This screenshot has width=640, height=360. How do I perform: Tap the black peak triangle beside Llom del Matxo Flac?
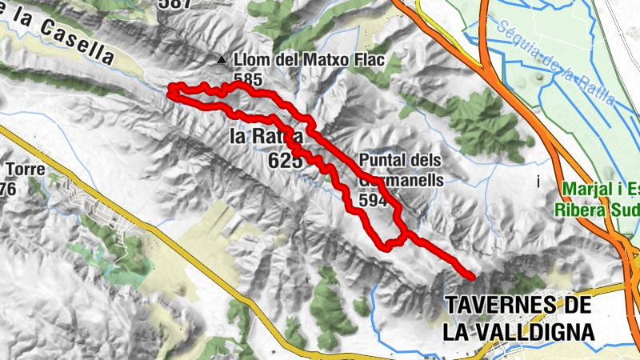click(222, 60)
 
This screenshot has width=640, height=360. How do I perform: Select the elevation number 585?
click(248, 79)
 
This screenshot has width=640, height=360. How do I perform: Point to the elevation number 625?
click(285, 161)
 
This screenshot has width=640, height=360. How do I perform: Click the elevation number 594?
click(374, 200)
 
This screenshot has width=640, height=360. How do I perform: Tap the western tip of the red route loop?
click(170, 94)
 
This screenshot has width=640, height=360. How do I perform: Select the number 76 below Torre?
click(8, 189)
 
